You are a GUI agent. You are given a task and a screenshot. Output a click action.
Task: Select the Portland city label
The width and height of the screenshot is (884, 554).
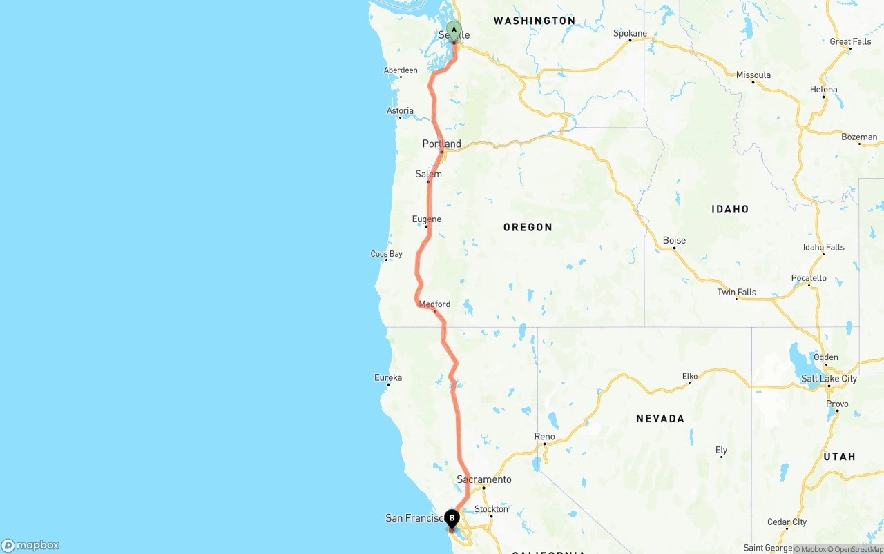coord(442,144)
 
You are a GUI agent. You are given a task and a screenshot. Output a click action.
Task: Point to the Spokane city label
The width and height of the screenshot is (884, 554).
coord(630,33)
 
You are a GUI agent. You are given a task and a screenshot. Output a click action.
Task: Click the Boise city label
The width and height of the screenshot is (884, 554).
coord(674,240)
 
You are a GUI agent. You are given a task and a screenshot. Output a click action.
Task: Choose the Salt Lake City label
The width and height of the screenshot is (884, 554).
coord(829,378)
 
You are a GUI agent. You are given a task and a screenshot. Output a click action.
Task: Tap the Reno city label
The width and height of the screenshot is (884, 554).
coord(544,436)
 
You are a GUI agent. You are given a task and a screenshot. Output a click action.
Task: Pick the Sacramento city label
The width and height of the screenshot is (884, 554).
coord(484,479)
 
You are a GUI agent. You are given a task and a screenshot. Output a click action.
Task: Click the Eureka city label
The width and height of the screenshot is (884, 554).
coord(388,377)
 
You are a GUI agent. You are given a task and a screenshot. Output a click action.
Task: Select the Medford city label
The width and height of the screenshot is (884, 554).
coord(434,304)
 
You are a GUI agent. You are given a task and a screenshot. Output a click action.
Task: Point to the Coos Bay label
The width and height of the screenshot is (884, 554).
coord(386,254)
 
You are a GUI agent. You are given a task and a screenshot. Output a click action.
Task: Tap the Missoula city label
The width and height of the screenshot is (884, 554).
coord(753,75)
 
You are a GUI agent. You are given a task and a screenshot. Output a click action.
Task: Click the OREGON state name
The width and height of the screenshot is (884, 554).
coord(528,227)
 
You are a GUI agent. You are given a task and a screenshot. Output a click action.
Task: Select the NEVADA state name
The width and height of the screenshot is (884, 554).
coord(660,418)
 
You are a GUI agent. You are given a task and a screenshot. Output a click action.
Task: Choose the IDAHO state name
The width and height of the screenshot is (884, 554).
coord(730,209)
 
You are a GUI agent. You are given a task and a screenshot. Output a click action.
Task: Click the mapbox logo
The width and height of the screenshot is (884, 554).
coord(30,545)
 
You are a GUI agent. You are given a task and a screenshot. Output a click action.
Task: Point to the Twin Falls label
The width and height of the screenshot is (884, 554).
coord(736,292)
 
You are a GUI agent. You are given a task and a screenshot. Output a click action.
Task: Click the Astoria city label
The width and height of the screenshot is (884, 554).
coord(400,110)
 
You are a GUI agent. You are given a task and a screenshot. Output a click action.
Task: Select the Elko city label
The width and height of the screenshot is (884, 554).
coord(690,376)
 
